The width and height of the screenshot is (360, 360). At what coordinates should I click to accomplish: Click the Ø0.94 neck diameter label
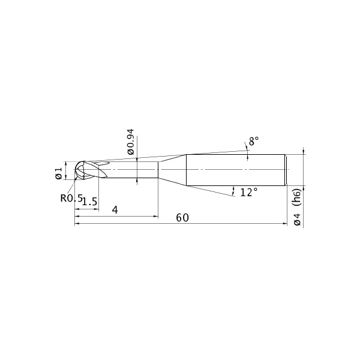pyautogui.click(x=131, y=142)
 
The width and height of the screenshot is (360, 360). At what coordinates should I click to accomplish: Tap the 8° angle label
pyautogui.click(x=254, y=141)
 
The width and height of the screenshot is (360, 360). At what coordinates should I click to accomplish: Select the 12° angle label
pyautogui.click(x=249, y=192)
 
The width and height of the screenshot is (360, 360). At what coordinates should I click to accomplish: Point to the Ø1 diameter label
pyautogui.click(x=59, y=173)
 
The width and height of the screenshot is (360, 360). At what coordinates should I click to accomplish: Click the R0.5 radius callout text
pyautogui.click(x=71, y=198)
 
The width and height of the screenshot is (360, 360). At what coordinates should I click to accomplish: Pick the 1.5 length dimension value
pyautogui.click(x=90, y=202)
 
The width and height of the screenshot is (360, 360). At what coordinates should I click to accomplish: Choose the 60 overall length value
pyautogui.click(x=182, y=218)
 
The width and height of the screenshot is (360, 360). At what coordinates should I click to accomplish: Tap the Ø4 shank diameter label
pyautogui.click(x=297, y=220)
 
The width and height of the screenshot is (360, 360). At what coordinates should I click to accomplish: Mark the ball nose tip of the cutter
pyautogui.click(x=75, y=170)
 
